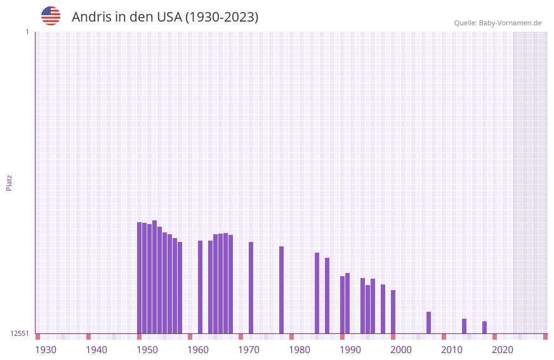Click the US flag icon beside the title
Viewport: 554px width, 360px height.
tap(51, 16)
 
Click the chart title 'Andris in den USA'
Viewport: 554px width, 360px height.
tap(165, 17)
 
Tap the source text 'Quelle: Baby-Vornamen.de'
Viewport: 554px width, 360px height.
tap(498, 23)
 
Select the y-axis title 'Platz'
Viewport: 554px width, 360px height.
tap(9, 182)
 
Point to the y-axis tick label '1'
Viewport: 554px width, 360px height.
tap(27, 32)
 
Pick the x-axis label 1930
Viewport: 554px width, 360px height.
tap(46, 350)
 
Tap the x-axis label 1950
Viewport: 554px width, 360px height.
tap(147, 350)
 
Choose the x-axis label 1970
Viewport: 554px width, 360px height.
tap(249, 350)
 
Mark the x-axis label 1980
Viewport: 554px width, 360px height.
tap(300, 350)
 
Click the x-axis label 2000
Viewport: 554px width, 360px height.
tap(401, 350)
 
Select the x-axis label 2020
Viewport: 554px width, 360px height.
tap(503, 350)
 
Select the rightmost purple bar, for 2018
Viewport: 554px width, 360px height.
tap(485, 327)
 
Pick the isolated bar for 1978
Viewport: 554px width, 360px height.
tap(282, 290)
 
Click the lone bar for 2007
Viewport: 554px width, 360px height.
tap(429, 323)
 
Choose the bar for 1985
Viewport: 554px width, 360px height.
tap(317, 293)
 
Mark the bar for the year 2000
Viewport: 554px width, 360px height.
tap(393, 312)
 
